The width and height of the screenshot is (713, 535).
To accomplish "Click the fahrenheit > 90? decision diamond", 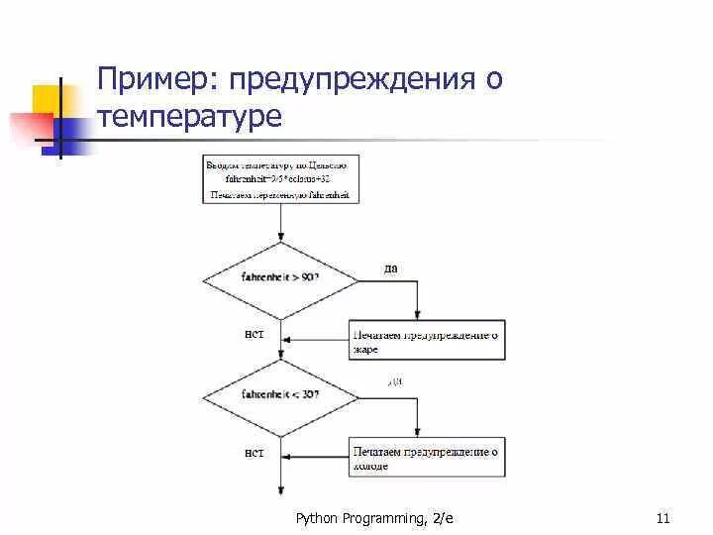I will (280, 278).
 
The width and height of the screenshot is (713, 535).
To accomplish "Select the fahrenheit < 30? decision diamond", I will (280, 394).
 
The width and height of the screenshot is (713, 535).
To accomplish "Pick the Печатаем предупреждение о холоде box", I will (427, 457).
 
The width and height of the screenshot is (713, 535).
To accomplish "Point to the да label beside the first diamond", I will (391, 267).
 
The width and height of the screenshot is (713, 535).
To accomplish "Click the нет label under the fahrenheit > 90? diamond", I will (255, 334).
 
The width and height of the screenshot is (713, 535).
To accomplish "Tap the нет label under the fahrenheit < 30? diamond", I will (255, 454).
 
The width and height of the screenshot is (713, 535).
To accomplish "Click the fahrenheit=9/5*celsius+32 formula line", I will (280, 179).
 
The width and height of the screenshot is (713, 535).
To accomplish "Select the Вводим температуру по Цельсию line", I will (280, 163).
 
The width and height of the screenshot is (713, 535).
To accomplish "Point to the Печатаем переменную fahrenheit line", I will (280, 195).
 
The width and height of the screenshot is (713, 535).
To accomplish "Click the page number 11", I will (663, 518).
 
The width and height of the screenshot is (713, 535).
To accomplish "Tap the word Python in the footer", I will (318, 518).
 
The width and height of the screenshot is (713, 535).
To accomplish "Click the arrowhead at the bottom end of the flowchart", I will (280, 490).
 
